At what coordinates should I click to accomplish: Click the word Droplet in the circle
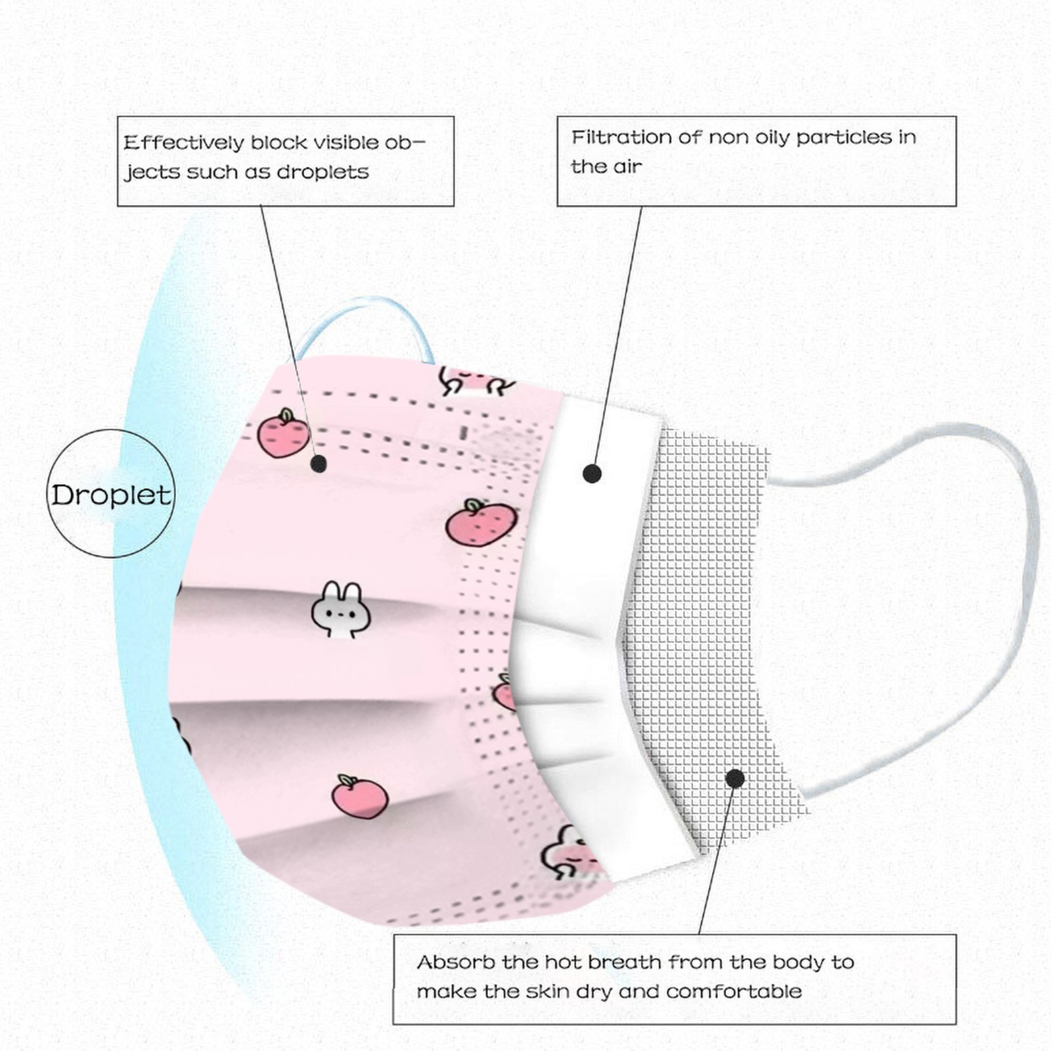[111, 495]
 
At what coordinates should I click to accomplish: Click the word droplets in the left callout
[323, 172]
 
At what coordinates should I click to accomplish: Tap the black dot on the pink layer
[319, 464]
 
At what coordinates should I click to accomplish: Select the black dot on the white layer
[592, 473]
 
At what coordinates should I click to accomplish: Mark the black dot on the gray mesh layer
[735, 779]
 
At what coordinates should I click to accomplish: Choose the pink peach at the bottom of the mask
[359, 797]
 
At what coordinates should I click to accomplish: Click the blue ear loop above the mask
[365, 314]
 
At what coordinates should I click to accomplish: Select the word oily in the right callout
[772, 137]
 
